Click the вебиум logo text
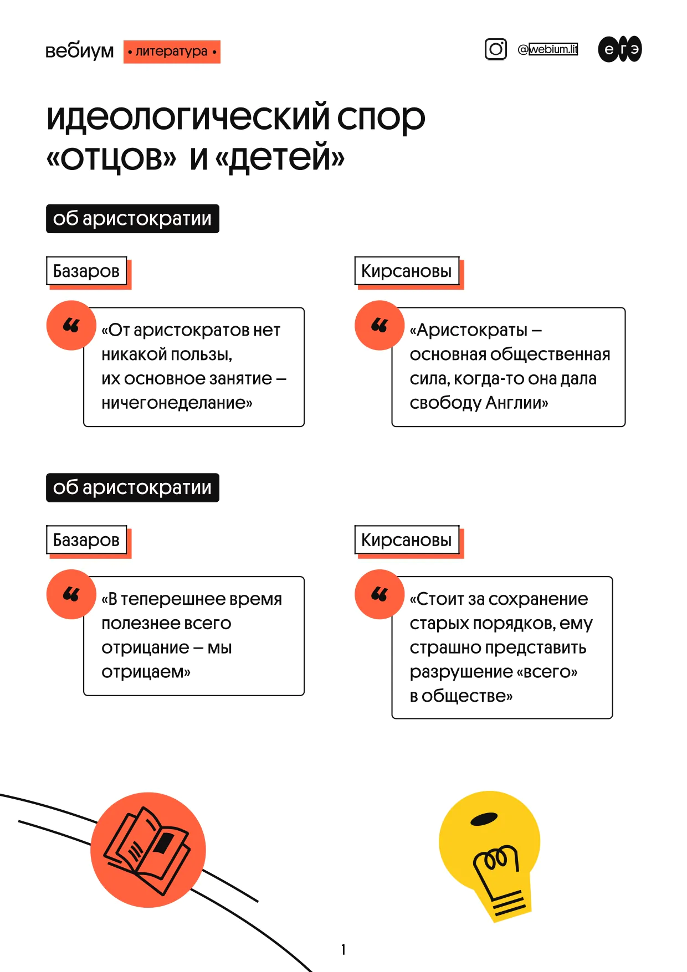(79, 51)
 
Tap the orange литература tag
(172, 52)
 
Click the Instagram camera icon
(496, 49)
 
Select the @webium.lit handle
(547, 49)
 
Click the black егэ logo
(620, 49)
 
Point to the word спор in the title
(381, 118)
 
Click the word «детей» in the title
(280, 157)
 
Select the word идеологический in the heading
(188, 117)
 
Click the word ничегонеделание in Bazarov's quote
(177, 403)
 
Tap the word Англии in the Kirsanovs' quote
(517, 403)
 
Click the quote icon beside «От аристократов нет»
(71, 325)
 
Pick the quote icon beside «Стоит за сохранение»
(380, 594)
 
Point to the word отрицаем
(146, 672)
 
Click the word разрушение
(461, 672)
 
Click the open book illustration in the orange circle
(147, 850)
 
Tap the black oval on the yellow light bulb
(484, 819)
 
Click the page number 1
(343, 949)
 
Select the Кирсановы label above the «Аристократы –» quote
(407, 271)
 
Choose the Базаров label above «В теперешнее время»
(86, 540)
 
